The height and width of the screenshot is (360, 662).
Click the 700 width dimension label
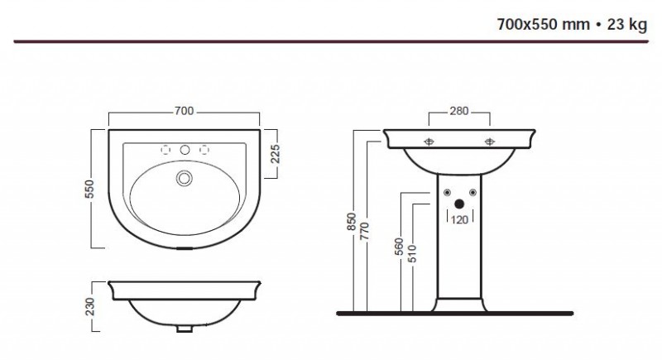coord(184,111)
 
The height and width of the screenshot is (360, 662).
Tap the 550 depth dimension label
coord(89,189)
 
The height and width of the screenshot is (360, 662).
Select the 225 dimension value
coord(275,154)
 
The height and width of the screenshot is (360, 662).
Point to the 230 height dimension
coord(90,306)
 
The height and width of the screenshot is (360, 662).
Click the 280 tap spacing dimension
coord(459,111)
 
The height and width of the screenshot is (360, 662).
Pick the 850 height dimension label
coord(351,222)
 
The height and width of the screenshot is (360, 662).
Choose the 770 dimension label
coord(364,231)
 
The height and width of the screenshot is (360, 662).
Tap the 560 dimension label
coord(399,247)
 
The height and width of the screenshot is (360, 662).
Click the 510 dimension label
coord(412,253)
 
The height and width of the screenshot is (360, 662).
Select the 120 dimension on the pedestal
coord(459,220)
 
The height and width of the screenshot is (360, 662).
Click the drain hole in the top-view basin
coord(184,178)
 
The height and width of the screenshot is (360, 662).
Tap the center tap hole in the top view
coord(185,150)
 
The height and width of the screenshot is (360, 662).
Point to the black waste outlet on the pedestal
coord(459,204)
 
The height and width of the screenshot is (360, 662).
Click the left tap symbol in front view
coord(429,142)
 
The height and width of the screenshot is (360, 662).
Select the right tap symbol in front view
coord(490,142)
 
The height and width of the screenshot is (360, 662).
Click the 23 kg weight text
coord(627,25)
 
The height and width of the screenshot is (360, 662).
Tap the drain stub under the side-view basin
coord(184,329)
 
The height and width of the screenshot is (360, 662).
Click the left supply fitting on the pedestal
coord(447,193)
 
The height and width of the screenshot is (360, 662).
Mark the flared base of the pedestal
coord(459,305)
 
